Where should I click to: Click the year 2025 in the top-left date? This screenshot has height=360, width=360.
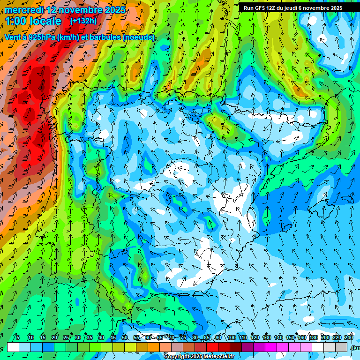113,10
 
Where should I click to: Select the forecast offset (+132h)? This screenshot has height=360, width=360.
83,21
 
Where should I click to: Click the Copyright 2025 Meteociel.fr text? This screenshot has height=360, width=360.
199,357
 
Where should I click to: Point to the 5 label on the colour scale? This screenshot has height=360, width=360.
18,337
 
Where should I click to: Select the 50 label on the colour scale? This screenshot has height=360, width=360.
125,337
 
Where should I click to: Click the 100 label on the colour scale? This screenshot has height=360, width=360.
232,337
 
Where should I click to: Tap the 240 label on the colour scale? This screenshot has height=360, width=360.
348,337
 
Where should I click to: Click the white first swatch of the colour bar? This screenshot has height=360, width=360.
13,347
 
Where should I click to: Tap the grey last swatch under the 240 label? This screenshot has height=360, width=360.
342,347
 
